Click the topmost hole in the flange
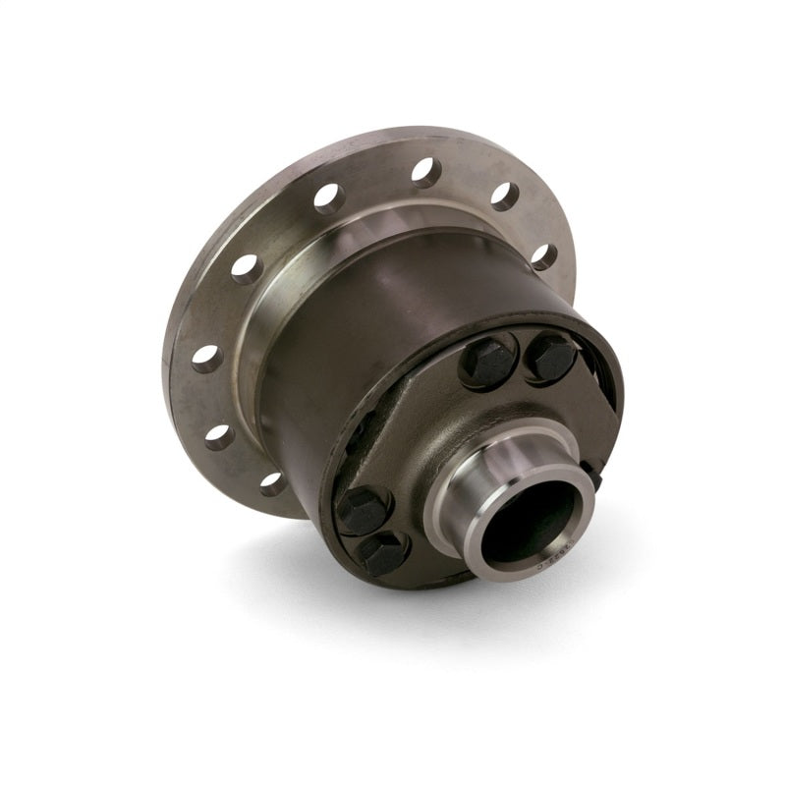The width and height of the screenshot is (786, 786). (425, 173)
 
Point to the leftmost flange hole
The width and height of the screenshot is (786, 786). (205, 358)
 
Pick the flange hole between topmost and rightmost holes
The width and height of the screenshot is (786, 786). (505, 196)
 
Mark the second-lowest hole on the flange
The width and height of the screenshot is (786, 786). (218, 434)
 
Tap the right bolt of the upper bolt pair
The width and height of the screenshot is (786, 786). (551, 356)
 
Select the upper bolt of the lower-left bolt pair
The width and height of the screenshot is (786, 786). (363, 510)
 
